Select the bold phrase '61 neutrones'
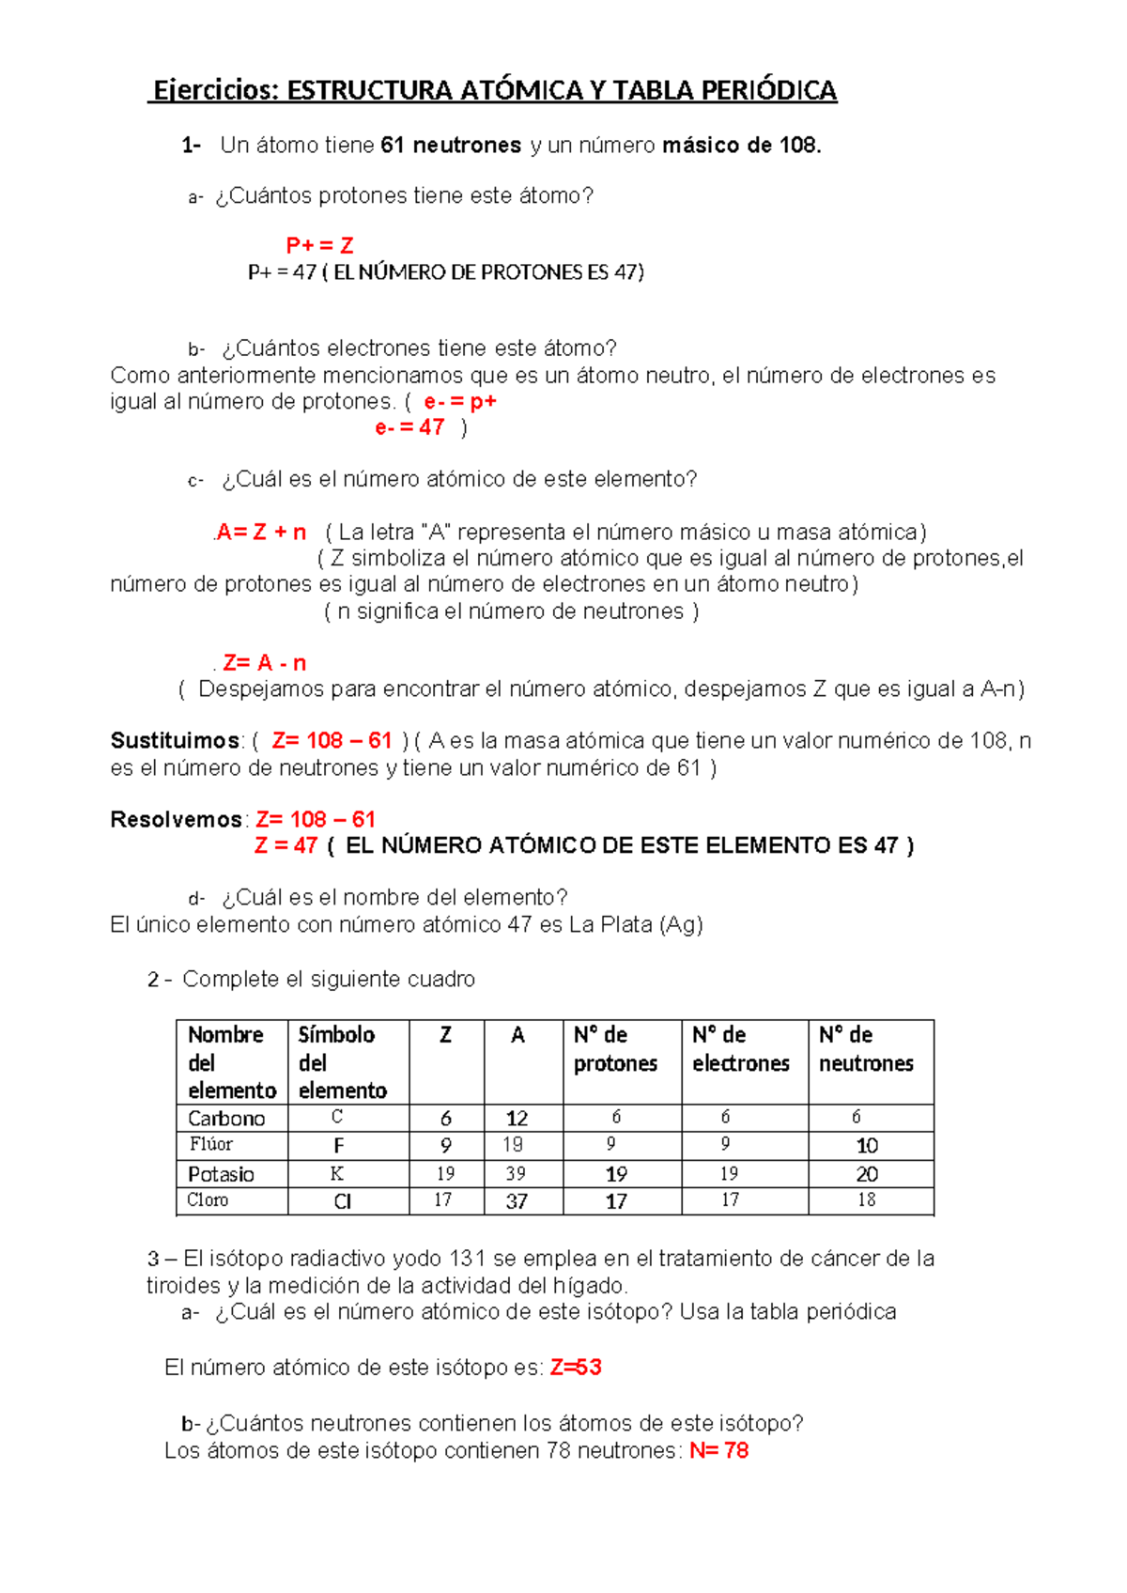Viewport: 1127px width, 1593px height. coord(451,146)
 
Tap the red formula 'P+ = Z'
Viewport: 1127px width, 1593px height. coord(319,246)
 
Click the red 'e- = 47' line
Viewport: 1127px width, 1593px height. coord(409,427)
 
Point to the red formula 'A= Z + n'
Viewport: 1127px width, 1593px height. coord(261,533)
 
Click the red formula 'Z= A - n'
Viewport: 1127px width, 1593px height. coord(265,663)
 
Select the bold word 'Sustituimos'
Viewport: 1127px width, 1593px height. coord(176,741)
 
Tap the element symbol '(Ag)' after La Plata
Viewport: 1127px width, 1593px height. coord(681,925)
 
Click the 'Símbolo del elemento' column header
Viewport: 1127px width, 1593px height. coord(343,1062)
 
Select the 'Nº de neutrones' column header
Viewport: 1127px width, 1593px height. coord(866,1049)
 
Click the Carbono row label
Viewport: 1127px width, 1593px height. coord(226,1119)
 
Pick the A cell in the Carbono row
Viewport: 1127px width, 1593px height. coord(517,1119)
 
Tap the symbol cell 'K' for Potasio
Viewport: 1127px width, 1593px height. coord(337,1174)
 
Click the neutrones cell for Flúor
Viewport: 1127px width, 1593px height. coord(867,1146)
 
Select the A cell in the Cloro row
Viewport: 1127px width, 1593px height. coord(517,1201)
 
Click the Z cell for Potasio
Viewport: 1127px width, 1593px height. coord(445,1174)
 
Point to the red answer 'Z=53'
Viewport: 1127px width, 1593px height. coord(576,1368)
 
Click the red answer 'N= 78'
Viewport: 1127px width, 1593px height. coord(718,1451)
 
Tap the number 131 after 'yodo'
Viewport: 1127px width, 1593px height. coord(467,1259)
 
